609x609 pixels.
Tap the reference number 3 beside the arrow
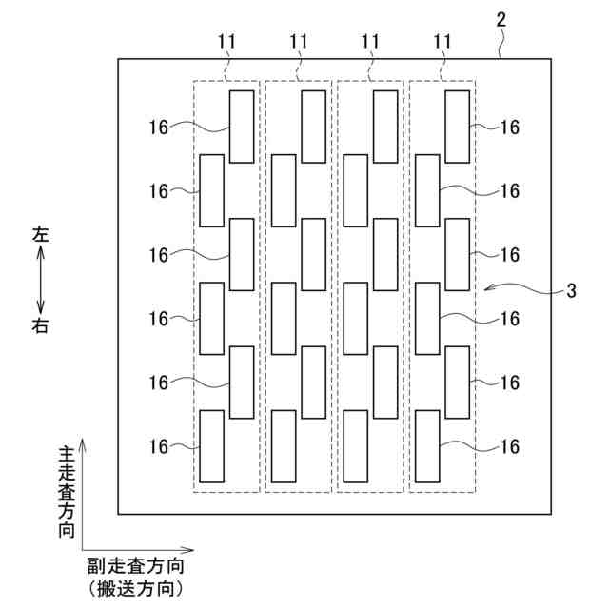pos(571,292)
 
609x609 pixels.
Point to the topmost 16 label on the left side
pos(159,127)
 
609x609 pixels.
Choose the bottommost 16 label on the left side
pos(159,445)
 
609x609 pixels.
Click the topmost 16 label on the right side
pos(510,127)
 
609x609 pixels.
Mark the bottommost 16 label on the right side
pos(510,445)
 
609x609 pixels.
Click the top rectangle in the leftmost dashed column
pos(242,126)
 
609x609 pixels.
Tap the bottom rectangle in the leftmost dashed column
pos(211,445)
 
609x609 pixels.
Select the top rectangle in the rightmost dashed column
pos(458,126)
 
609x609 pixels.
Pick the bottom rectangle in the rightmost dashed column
pos(427,445)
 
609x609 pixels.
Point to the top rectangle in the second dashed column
pos(313,126)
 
